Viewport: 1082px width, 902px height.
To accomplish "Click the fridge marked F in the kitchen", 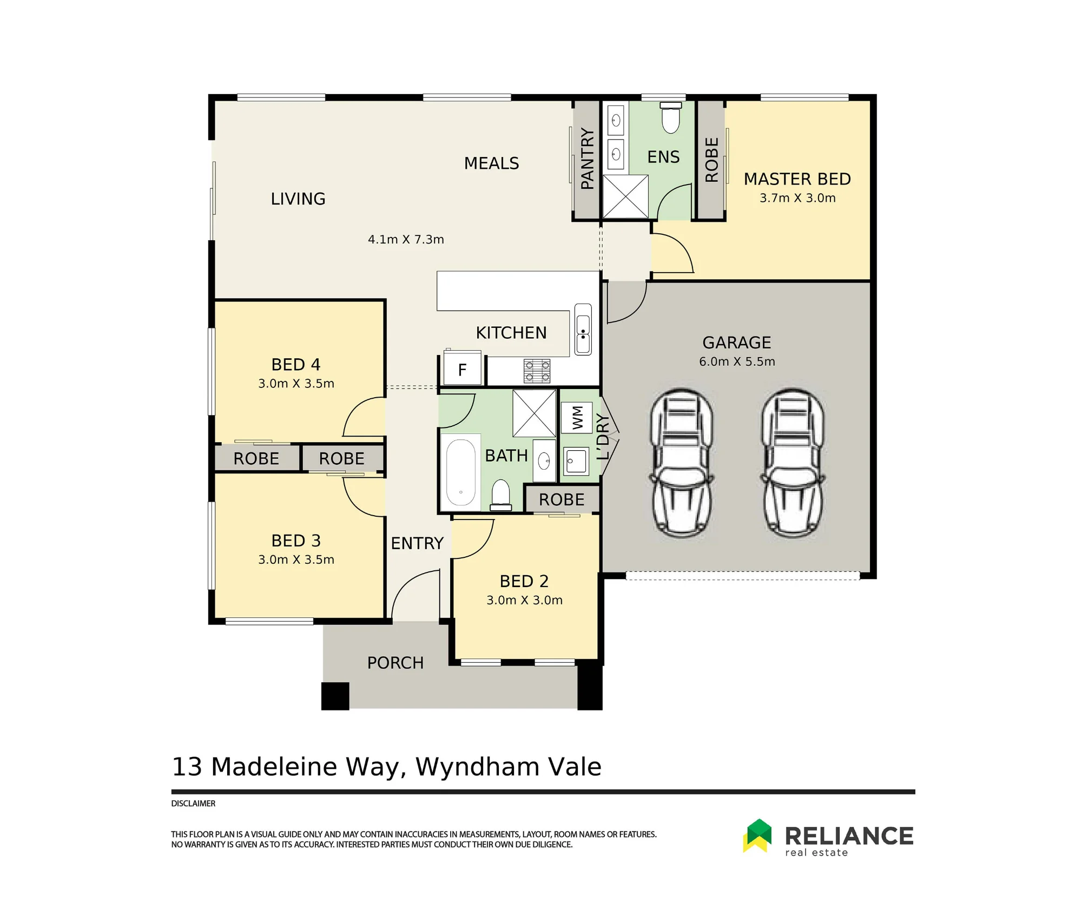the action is (x=462, y=368).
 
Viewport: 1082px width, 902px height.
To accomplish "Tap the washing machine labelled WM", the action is (x=577, y=418).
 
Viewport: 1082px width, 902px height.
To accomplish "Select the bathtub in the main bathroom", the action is (x=460, y=472).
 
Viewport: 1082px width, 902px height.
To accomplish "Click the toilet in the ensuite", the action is (x=671, y=117).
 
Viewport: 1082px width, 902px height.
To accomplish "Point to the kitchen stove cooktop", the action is (x=537, y=371).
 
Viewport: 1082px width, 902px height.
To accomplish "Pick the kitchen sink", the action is (x=583, y=329).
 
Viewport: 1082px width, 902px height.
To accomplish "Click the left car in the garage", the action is (x=682, y=463).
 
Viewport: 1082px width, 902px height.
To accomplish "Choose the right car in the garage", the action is (x=793, y=463).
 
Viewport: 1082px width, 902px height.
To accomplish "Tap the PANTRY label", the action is (x=587, y=159).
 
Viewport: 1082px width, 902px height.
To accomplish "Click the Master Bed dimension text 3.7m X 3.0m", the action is (x=797, y=198).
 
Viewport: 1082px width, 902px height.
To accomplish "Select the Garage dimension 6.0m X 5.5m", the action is (x=737, y=361).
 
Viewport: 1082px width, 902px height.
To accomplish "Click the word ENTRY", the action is (x=417, y=543).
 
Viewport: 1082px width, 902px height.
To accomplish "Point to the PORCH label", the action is (x=395, y=663).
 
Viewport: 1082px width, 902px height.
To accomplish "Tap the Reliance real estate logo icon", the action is (x=757, y=835).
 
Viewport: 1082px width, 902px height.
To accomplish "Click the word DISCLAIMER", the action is (x=193, y=804).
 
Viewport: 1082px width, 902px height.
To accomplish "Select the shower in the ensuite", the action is (x=625, y=196).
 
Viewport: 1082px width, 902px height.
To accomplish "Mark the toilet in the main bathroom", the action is (x=500, y=495).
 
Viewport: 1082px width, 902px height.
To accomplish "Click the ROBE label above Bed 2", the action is (x=562, y=499).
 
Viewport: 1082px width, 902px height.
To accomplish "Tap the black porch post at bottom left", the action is (x=335, y=696).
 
